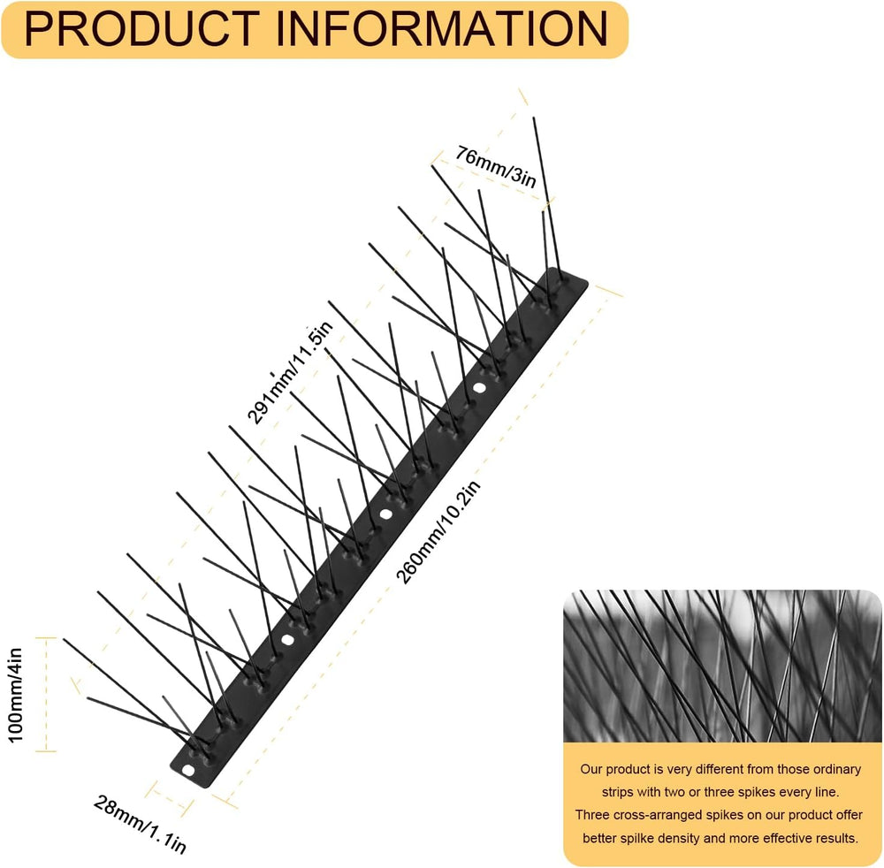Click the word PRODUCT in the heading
tap(141, 29)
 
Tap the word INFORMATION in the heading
tap(442, 29)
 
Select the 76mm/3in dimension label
tap(496, 166)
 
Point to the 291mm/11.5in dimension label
tap(290, 373)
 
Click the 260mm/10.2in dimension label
tap(438, 533)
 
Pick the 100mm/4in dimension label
tap(15, 695)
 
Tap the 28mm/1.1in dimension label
tap(140, 824)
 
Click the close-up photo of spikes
tap(722, 666)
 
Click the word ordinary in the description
tap(837, 769)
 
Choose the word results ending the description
tap(838, 838)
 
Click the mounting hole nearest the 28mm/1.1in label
tap(187, 770)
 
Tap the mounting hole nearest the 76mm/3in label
tap(479, 388)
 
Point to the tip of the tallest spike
tap(534, 118)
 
